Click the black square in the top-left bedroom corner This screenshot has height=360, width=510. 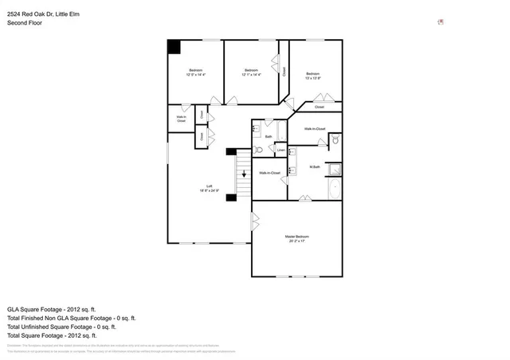(174, 47)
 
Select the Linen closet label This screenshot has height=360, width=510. (280, 150)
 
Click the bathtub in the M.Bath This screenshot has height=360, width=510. (335, 190)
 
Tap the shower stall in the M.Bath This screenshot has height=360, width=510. (335, 169)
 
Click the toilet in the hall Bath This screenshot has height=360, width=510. (258, 150)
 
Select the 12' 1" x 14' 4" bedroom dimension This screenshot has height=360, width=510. (251, 75)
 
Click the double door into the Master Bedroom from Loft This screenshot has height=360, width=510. (253, 221)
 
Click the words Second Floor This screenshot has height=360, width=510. (25, 23)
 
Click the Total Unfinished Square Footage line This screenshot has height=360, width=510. (62, 327)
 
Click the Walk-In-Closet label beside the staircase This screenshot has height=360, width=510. (269, 173)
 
